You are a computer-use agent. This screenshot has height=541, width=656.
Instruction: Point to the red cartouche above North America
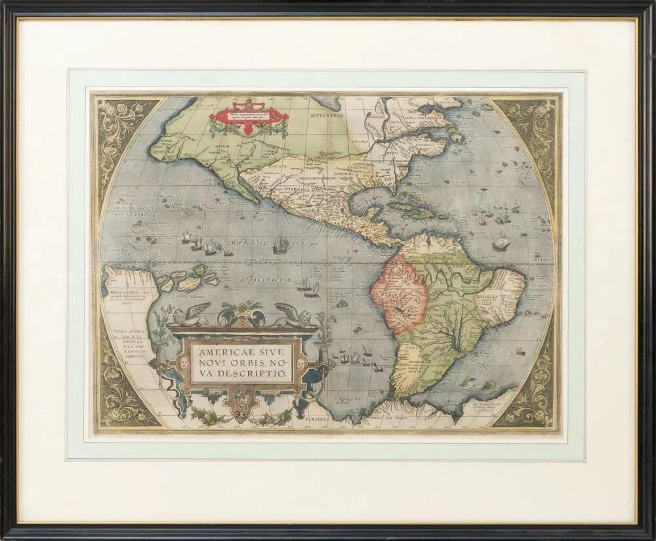[x=249, y=116]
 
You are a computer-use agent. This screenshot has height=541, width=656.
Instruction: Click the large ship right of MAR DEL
[x=281, y=244]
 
